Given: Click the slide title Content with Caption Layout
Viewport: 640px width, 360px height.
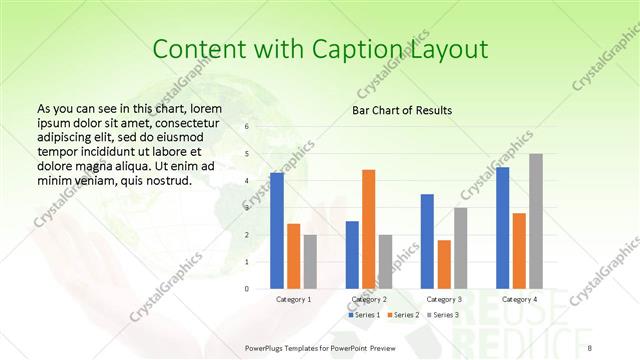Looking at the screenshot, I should point(320,49).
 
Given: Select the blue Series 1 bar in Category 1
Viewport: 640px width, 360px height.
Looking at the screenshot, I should point(277,230).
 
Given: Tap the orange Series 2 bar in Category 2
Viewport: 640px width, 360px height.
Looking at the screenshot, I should point(368,229).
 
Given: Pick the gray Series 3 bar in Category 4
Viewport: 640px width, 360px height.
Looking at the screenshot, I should point(536,221).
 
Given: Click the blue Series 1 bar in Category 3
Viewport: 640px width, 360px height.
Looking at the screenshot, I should point(427,241).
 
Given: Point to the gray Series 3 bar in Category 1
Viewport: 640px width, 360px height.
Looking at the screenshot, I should point(310,261).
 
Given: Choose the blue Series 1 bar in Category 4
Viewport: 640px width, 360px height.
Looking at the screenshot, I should point(502,227).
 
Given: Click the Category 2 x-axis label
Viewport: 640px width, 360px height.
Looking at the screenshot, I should point(368,299).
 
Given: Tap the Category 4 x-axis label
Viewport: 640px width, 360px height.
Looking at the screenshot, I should point(519,299).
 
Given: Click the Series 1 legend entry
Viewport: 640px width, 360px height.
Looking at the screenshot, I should point(364,315).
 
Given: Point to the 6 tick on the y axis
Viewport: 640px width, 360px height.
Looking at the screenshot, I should point(248,127).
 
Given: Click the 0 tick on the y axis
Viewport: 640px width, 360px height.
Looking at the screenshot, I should point(248,288).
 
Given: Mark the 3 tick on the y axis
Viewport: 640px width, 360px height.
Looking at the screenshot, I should point(248,208).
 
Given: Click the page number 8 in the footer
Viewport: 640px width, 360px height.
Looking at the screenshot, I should point(590,347).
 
